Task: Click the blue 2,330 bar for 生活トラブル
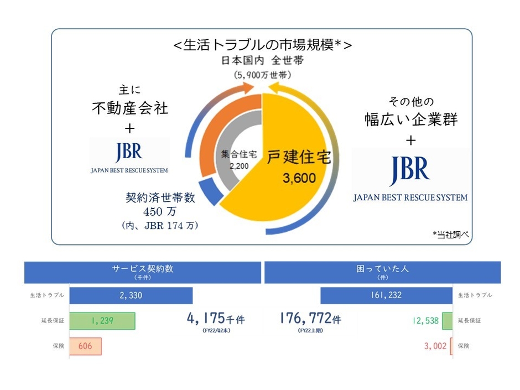pos(131,295)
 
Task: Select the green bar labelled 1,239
pos(102,320)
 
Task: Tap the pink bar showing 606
pos(85,346)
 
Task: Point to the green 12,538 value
pos(425,320)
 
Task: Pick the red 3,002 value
pos(434,346)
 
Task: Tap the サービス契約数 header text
pos(143,269)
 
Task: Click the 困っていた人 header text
pos(383,269)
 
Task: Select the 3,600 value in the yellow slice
pos(299,179)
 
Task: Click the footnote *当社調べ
pos(450,235)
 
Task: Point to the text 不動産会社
pos(129,108)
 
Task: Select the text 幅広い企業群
pos(410,119)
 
